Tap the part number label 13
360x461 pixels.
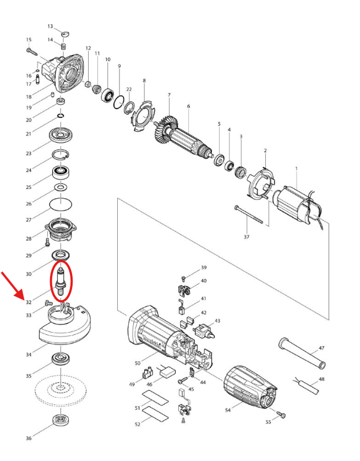click(x=50, y=26)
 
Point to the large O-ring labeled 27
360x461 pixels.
click(x=60, y=204)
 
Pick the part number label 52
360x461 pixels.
click(x=138, y=424)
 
